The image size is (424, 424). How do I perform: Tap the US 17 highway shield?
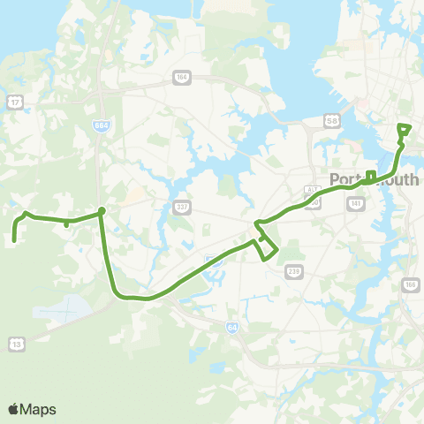coord(15,103)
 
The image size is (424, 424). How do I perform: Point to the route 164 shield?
coord(181,77)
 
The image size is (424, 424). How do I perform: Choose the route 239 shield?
coord(293,274)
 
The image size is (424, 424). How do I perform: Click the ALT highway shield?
coord(311,189)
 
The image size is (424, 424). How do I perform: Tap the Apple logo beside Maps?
coord(13,409)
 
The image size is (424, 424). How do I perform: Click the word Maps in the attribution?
coord(38,409)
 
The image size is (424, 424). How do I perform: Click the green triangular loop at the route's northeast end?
coord(405,130)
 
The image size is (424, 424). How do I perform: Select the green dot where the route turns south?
coord(102,210)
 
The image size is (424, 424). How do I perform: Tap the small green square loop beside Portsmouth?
coord(371,175)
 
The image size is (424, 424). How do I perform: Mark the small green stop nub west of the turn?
coord(67,224)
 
